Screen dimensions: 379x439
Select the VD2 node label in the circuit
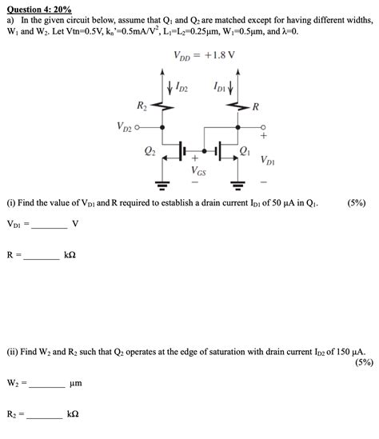click(126, 126)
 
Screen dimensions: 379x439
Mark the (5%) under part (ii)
click(361, 361)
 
